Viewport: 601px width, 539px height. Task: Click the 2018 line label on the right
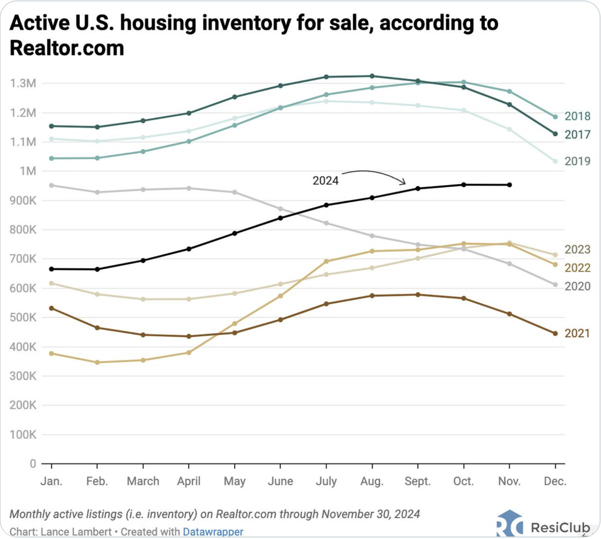pos(577,116)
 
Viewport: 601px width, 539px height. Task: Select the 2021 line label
pos(577,334)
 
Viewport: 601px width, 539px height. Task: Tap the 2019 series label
pos(577,161)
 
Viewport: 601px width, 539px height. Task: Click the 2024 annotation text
pos(325,181)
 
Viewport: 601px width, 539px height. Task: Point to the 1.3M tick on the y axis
pos(23,83)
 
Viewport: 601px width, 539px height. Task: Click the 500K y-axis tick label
pos(23,317)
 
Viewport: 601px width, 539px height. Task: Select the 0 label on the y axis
pos(33,464)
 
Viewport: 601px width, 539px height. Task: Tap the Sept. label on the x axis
pos(417,481)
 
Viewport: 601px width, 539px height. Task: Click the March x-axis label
pos(143,481)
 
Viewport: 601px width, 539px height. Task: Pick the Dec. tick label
pos(555,481)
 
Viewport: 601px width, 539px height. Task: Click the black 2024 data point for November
pos(509,185)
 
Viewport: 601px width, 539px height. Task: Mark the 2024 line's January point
pos(52,269)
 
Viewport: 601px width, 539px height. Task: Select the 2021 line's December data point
pos(555,334)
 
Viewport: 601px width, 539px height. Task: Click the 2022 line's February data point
pos(97,363)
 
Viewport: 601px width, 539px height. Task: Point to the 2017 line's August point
pos(372,76)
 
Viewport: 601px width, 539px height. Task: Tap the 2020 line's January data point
pos(52,185)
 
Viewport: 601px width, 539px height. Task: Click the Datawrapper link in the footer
pos(213,532)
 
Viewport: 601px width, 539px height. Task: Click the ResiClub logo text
pos(560,528)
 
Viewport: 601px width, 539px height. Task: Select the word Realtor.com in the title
pos(67,48)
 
